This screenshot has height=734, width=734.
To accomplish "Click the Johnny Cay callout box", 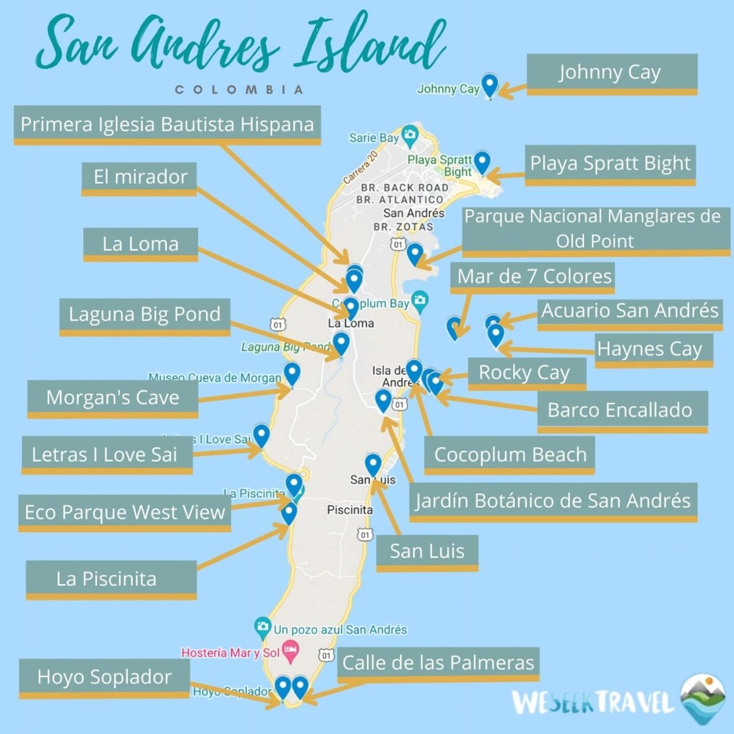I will pyautogui.click(x=611, y=73).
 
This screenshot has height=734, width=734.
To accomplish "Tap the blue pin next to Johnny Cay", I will pyautogui.click(x=489, y=84).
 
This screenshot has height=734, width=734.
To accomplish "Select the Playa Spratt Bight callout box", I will pyautogui.click(x=610, y=164).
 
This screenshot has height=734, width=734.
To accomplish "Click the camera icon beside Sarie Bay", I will pyautogui.click(x=409, y=133).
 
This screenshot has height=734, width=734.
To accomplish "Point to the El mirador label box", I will pyautogui.click(x=139, y=177).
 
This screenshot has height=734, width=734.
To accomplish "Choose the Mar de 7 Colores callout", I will pyautogui.click(x=534, y=276).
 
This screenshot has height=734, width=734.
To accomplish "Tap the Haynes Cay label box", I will pyautogui.click(x=653, y=349).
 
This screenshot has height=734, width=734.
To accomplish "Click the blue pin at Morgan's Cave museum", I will pyautogui.click(x=292, y=373).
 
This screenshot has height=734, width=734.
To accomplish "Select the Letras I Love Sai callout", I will pyautogui.click(x=106, y=454).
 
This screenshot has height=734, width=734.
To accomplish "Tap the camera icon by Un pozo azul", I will pyautogui.click(x=262, y=626).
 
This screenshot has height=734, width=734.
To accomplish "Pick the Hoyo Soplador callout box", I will pyautogui.click(x=105, y=677).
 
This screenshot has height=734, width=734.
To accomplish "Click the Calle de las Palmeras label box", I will pyautogui.click(x=438, y=663).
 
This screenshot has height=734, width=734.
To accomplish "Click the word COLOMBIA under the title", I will pyautogui.click(x=239, y=90).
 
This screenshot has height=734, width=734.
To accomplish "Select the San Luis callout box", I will pyautogui.click(x=427, y=552).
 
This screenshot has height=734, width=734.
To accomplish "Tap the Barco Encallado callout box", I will pyautogui.click(x=621, y=410).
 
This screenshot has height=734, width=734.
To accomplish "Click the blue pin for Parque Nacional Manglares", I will pyautogui.click(x=415, y=253).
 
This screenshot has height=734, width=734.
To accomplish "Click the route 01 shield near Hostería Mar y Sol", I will pyautogui.click(x=327, y=656).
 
